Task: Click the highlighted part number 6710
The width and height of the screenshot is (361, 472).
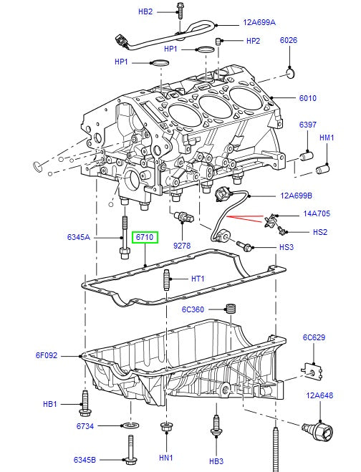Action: coord(145,237)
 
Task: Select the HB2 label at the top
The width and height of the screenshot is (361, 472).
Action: coord(146,12)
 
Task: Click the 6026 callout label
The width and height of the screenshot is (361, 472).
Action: coord(288,41)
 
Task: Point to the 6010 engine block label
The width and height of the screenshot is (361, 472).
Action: coord(307,98)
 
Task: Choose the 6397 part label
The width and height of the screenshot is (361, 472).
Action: coord(307,125)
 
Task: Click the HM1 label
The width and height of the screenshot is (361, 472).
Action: coord(327,138)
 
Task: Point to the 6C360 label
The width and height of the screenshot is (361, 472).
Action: coord(193,309)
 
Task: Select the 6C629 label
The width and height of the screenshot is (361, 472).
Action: coord(314,337)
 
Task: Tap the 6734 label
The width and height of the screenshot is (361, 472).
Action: coord(86,425)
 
